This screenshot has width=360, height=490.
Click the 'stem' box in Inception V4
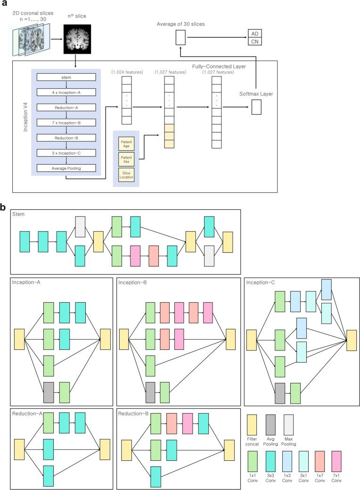[x=66, y=78]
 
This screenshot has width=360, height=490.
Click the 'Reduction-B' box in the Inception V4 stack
[x=66, y=138]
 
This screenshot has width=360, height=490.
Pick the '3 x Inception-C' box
[x=66, y=153]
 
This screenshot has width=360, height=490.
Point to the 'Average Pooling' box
[x=66, y=168]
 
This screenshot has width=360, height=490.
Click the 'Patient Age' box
[x=126, y=142]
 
